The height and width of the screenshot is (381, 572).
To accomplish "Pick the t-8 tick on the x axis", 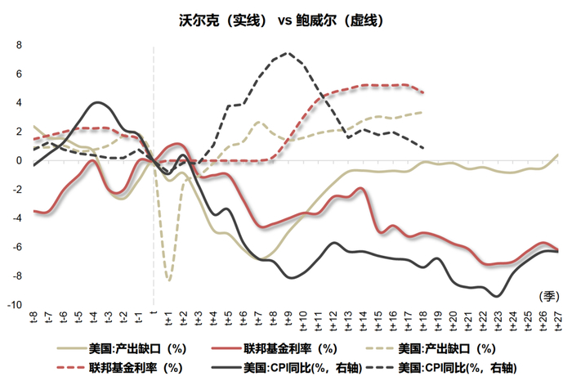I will point(34,317).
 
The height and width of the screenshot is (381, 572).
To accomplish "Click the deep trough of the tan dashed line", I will point(169,280).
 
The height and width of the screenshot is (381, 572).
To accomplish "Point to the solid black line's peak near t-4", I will point(98,103).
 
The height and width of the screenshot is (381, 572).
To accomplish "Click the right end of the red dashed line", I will point(422,92).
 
